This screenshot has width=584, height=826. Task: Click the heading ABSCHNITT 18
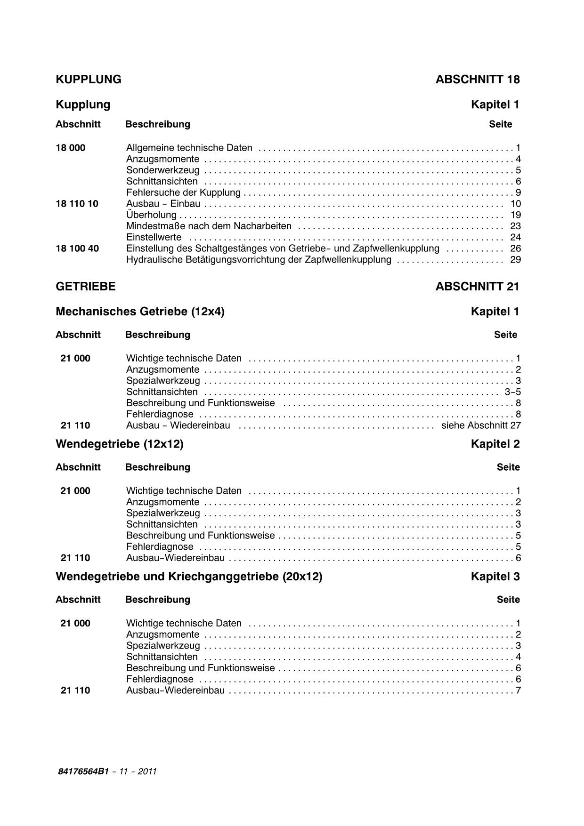(477, 80)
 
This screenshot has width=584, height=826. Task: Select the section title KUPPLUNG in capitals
(89, 80)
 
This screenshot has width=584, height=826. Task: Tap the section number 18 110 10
(77, 204)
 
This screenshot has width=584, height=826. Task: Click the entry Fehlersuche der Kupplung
(183, 192)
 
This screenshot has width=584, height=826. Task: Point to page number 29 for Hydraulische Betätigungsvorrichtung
(515, 260)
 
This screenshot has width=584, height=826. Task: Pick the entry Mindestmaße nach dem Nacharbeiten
(209, 226)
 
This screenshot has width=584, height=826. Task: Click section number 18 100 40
(77, 249)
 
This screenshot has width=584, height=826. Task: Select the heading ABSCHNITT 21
(477, 287)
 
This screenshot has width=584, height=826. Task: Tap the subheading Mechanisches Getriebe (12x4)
(140, 312)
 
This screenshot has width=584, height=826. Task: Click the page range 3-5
(512, 392)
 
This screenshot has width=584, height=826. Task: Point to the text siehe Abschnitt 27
(481, 425)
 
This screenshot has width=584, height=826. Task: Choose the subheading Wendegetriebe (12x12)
(120, 444)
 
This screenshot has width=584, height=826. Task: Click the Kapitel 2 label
(495, 444)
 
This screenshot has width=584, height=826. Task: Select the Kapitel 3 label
(495, 577)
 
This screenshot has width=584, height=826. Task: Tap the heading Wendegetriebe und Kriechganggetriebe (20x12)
(189, 577)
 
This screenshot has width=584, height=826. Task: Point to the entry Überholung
(151, 215)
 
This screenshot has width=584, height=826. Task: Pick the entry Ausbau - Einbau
(163, 204)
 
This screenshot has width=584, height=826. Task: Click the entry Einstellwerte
(154, 237)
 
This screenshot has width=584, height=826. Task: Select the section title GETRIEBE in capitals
(86, 287)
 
